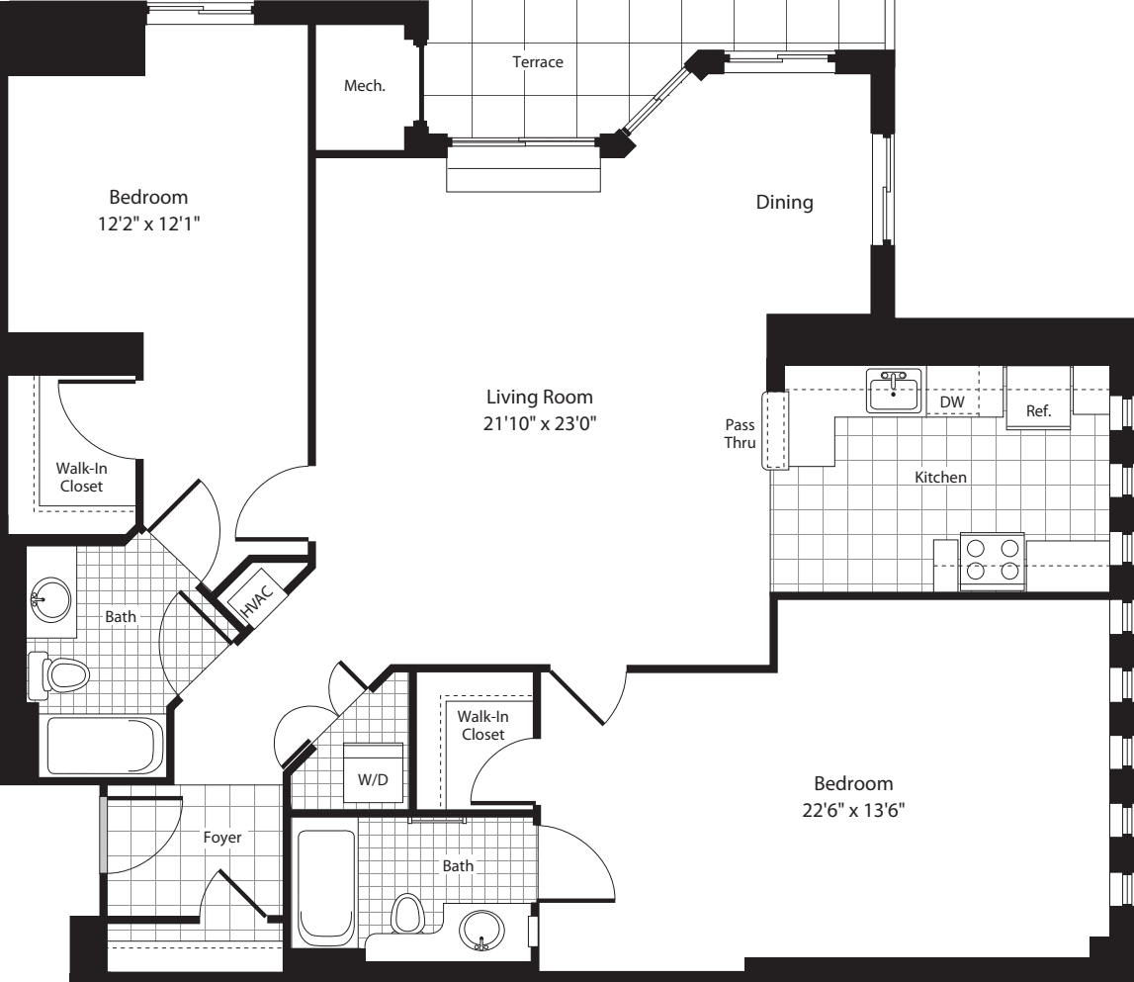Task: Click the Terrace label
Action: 537,62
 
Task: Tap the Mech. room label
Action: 364,86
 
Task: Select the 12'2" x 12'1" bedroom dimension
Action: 148,223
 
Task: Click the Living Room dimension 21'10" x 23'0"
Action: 540,424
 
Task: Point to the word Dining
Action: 784,203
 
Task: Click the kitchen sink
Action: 894,390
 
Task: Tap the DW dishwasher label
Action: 951,402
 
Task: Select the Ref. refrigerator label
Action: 1038,410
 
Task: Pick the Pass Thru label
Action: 740,434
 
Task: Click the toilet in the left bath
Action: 61,675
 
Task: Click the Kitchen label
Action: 939,477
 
